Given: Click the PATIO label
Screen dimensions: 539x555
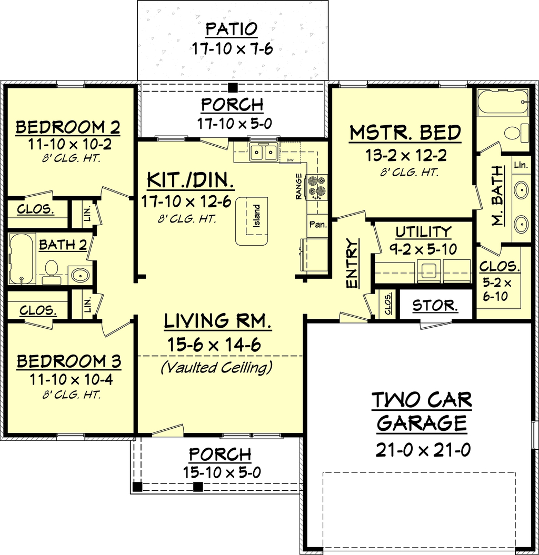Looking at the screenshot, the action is click(x=232, y=29).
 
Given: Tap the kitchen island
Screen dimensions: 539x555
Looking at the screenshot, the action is click(x=252, y=221).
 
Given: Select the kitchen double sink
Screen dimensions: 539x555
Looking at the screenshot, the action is click(x=263, y=152).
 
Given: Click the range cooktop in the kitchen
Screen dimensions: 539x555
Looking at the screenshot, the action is click(x=317, y=187).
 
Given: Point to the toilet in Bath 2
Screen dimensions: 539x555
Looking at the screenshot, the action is click(x=52, y=271).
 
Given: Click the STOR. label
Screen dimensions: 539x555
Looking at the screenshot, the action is click(x=435, y=306).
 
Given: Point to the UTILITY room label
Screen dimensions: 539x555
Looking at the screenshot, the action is click(x=424, y=232).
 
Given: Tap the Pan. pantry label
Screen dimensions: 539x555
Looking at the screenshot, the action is click(x=318, y=225).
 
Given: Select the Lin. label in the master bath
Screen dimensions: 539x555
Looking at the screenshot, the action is click(x=521, y=165).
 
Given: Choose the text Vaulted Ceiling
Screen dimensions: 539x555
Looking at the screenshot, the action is click(x=216, y=367).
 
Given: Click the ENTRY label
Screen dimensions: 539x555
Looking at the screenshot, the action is click(x=352, y=263).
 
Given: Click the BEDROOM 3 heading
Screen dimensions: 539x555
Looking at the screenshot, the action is click(x=69, y=361).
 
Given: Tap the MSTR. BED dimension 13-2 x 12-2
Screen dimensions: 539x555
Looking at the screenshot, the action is click(x=406, y=155).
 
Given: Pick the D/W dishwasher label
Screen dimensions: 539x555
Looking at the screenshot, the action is click(x=290, y=160).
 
